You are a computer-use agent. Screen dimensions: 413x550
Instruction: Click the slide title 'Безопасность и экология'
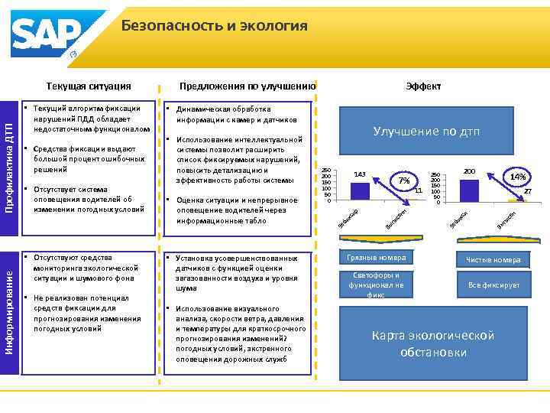pos(214,26)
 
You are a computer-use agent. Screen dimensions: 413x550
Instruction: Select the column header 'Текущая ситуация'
pos(89,86)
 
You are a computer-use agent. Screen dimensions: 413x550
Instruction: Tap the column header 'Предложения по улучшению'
pos(247,86)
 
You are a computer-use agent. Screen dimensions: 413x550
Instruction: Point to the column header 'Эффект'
pos(423,86)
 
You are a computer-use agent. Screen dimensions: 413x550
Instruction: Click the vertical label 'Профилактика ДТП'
pos(10,160)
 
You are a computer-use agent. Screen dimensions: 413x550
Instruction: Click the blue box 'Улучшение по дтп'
pos(426,132)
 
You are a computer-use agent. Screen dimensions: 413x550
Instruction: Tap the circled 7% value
pos(404,181)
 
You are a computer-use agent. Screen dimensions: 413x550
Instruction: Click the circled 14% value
pos(517,177)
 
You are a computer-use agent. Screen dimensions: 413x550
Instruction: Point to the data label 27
pos(526,191)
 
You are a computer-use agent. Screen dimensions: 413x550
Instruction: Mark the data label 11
pos(418,190)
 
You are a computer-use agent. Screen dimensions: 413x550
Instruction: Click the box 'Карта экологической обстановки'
pos(432,343)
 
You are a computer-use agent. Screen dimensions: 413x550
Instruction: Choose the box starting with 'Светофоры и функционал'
pos(375,284)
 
